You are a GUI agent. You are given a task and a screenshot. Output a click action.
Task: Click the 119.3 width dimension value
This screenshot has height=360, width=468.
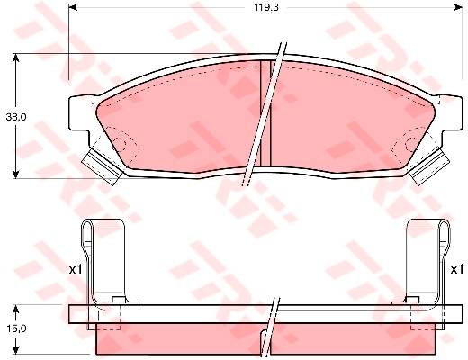pos(266,7)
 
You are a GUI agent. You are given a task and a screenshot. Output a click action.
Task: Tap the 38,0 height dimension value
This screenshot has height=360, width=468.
pos(16,117)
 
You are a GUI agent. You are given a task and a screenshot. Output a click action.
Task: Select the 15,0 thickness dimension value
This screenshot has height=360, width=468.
pos(16,328)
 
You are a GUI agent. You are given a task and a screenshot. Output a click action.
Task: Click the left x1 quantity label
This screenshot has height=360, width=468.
pos(76,270)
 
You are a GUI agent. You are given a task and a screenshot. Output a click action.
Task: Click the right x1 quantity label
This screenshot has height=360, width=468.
pos(457,270)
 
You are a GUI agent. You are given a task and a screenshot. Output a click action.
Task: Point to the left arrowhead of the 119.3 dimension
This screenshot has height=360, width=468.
pos(73,7)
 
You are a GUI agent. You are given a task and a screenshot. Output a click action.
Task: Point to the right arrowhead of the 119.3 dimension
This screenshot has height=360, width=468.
pos(458,7)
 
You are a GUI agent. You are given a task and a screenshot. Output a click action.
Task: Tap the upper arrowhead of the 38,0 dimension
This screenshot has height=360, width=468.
pos(16,58)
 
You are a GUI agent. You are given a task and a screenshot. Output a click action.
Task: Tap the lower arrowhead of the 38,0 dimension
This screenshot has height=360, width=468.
pos(16,174)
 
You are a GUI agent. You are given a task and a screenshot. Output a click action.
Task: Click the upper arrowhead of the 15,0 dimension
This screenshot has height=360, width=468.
pos(16,310)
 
